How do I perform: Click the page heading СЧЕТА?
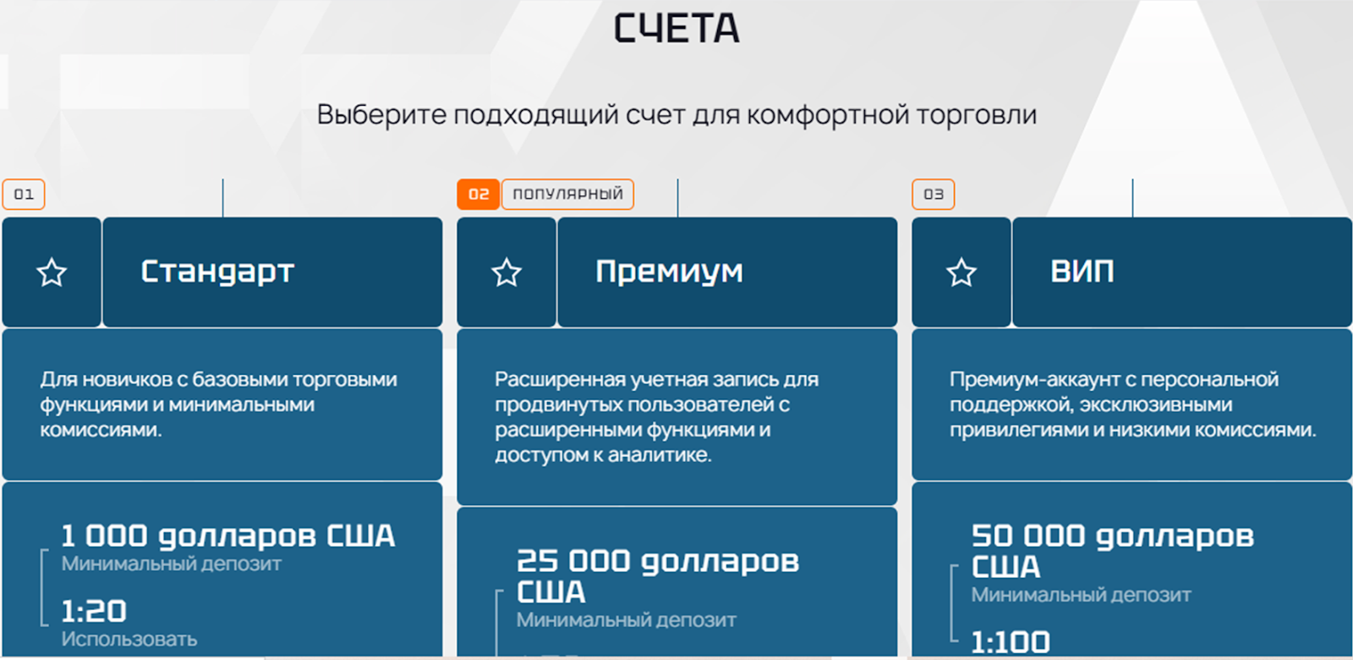(x=676, y=29)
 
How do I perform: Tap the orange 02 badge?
(x=478, y=194)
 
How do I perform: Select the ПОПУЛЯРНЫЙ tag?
(x=567, y=194)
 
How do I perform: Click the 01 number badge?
(x=24, y=194)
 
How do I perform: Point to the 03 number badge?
(x=934, y=194)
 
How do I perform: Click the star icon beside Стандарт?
(x=52, y=272)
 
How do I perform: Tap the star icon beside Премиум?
(x=507, y=272)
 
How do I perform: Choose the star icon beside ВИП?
(x=961, y=272)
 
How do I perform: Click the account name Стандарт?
(x=217, y=272)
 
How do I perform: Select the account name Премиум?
(x=669, y=272)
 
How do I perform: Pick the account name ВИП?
(x=1082, y=271)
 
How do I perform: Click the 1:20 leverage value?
(x=94, y=611)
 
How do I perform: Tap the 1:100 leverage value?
(x=1011, y=642)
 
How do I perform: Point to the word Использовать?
(x=129, y=639)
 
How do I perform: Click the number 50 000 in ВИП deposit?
(x=1028, y=536)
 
